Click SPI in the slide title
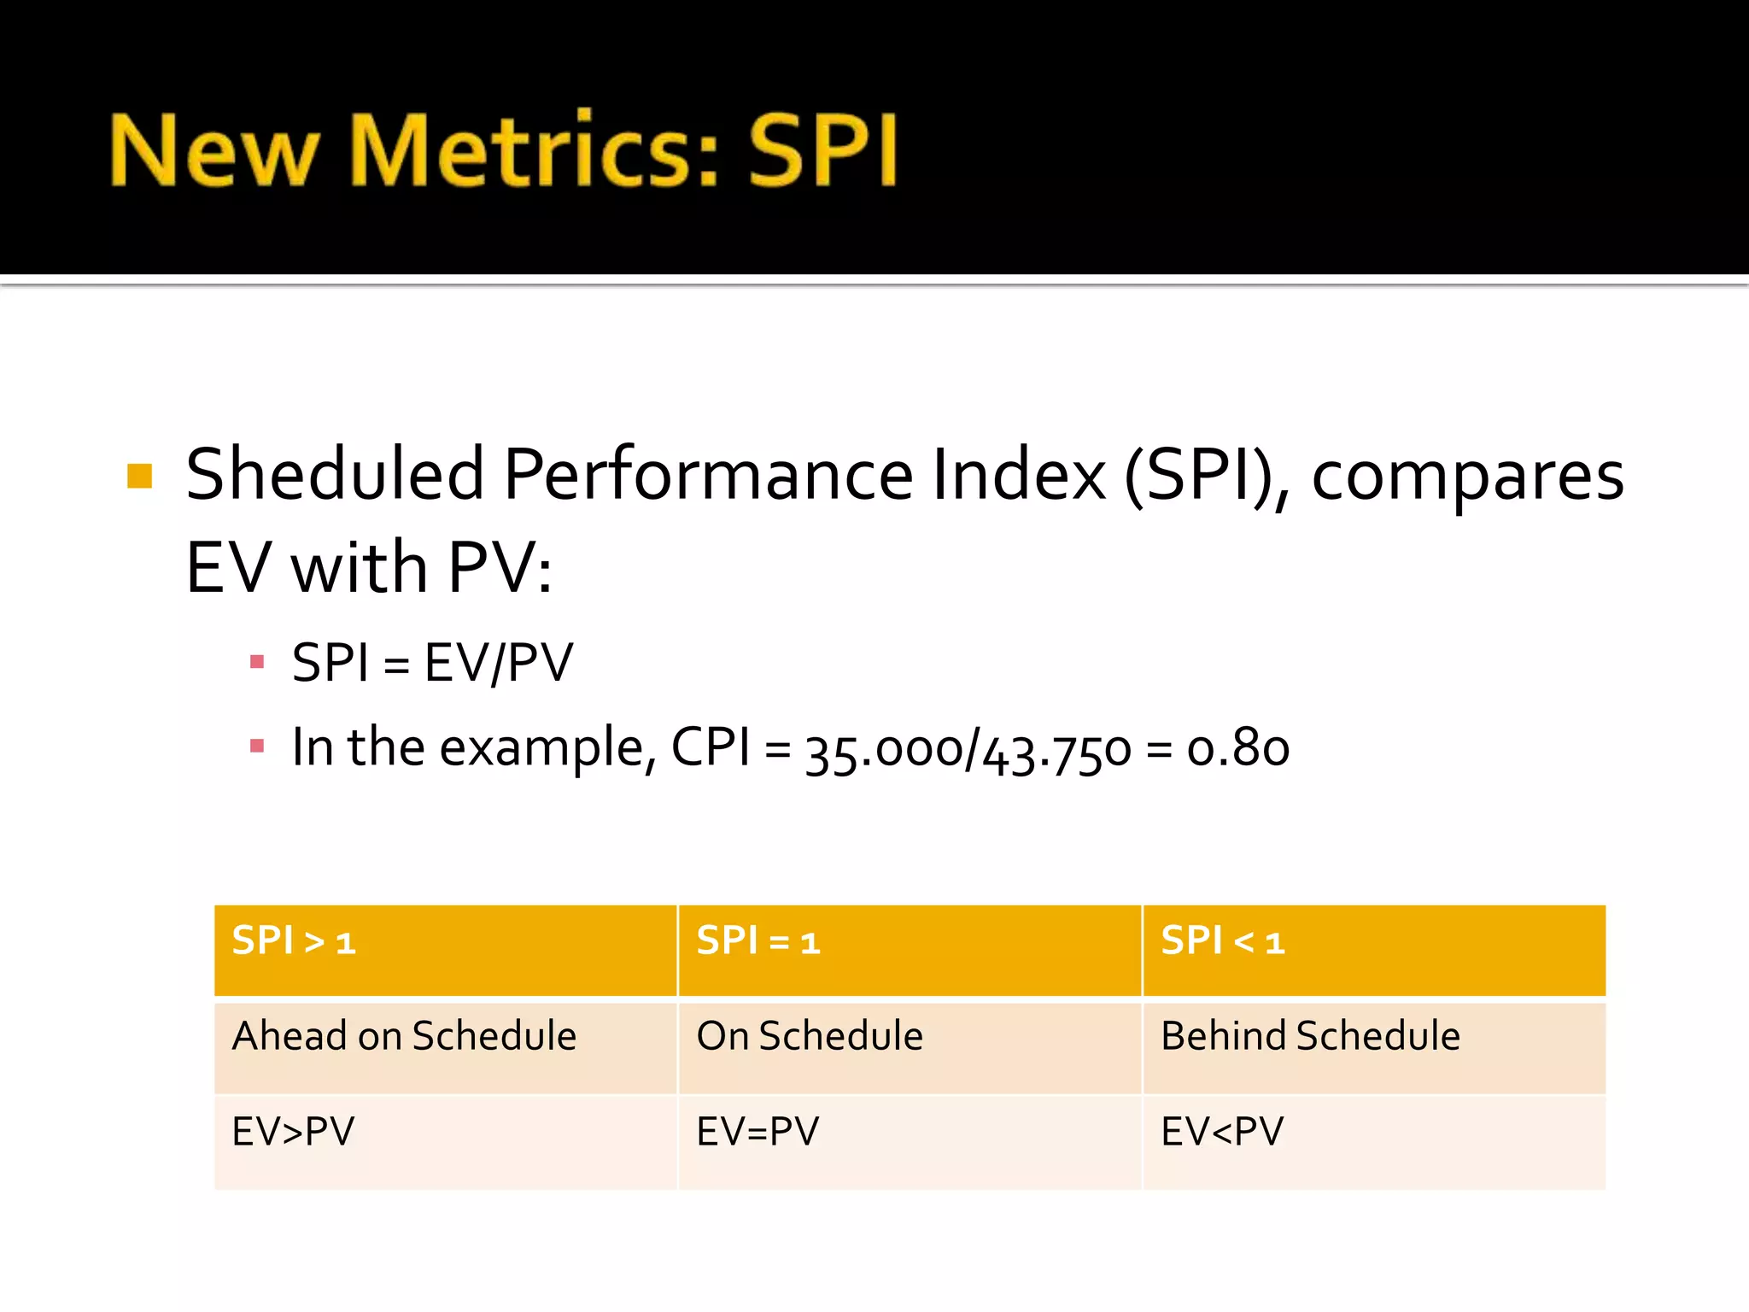[822, 150]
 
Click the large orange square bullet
[139, 476]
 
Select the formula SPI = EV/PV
[432, 663]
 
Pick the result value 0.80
[1237, 748]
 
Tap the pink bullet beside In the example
[257, 747]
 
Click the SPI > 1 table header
[294, 941]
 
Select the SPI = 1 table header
[758, 941]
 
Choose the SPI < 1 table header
[1222, 941]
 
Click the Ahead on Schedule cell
[404, 1036]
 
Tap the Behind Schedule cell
[1310, 1036]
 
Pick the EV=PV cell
[758, 1132]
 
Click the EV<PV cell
[1222, 1132]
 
